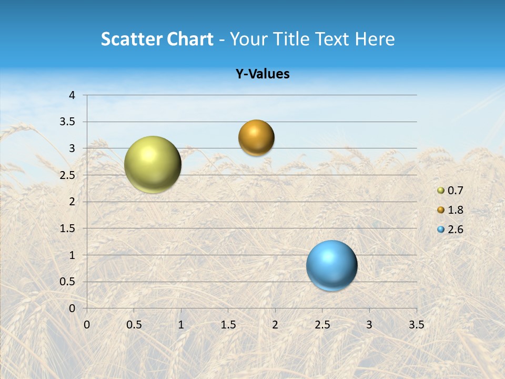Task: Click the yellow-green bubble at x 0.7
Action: tap(153, 164)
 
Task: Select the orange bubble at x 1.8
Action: tap(256, 138)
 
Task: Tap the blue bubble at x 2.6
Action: tap(331, 265)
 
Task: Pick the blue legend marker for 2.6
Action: tap(441, 230)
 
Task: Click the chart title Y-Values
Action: tap(262, 74)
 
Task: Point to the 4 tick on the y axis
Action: tap(72, 95)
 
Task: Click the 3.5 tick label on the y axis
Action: tap(68, 122)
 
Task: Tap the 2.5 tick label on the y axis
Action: tap(68, 175)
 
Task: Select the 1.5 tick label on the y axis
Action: tap(68, 228)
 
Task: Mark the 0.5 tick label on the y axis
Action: tap(68, 282)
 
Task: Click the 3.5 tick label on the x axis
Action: tap(416, 325)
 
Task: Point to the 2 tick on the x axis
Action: tap(275, 325)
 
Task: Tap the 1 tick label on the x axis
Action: tap(181, 325)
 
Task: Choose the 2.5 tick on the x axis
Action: tap(322, 325)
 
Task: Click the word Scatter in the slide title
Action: tap(131, 39)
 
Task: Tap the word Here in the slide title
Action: tap(375, 39)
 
